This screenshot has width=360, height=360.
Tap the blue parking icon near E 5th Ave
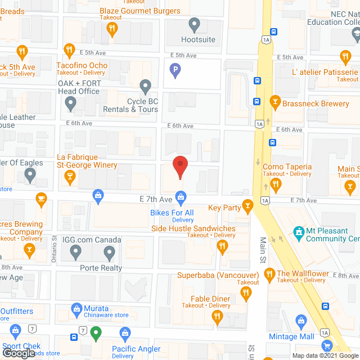click(175, 70)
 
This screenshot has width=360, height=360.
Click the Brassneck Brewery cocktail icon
click(274, 101)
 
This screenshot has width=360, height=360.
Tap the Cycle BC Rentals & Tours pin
click(146, 87)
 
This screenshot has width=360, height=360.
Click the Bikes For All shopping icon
click(181, 196)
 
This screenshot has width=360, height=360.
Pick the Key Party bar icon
click(246, 206)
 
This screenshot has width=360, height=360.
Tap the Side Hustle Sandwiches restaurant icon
click(222, 246)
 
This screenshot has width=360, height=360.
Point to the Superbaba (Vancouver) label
click(218, 275)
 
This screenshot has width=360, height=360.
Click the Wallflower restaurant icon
click(269, 274)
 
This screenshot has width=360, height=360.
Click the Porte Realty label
click(101, 268)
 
